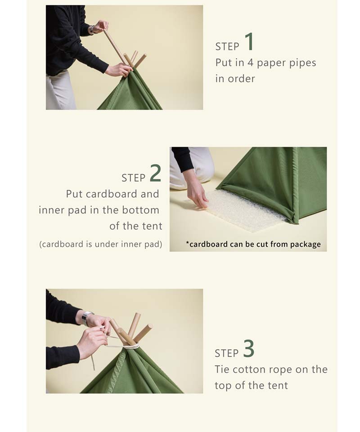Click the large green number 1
249,42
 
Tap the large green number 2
155,173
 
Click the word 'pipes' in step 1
302,63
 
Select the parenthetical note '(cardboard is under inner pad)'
101,245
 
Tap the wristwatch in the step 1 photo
91,30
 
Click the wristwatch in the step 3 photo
86,317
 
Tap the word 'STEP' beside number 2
133,178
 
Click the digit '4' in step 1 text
250,62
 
